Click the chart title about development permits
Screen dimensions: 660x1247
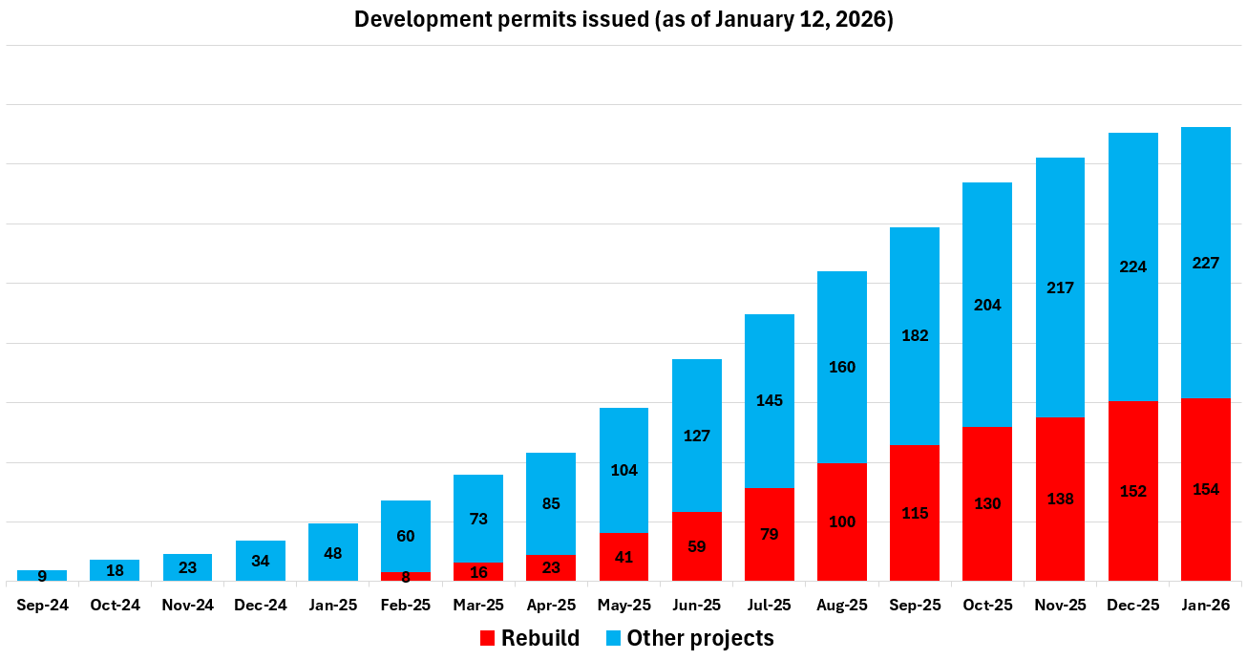[x=623, y=20]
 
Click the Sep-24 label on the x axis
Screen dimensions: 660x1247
[x=42, y=606]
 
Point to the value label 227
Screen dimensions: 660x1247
[x=1206, y=263]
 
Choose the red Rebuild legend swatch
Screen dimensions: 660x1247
[x=488, y=639]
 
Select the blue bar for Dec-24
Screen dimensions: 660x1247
[x=261, y=561]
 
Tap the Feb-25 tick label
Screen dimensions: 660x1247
[x=406, y=606]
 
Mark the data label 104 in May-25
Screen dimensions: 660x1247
[x=623, y=470]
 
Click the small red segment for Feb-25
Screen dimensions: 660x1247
[x=406, y=577]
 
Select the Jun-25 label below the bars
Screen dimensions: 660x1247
[x=696, y=606]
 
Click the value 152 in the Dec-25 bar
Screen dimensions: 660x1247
[x=1132, y=491]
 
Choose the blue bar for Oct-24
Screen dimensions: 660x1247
[x=115, y=570]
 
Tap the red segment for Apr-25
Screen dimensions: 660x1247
[x=551, y=567]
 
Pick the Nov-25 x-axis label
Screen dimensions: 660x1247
[x=1060, y=606]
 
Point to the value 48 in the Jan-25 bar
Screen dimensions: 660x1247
[x=333, y=553]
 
